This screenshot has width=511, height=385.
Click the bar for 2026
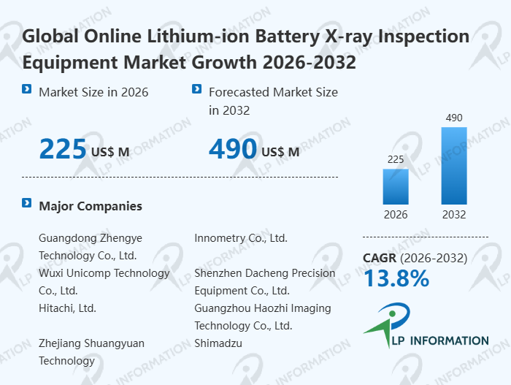[x=396, y=186]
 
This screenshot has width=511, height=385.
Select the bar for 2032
[x=453, y=166]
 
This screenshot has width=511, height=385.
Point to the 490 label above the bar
[x=453, y=118]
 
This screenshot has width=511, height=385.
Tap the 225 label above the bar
[x=396, y=159]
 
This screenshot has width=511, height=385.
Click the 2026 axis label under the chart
[x=396, y=215]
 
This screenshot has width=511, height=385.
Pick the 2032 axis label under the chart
[x=453, y=215]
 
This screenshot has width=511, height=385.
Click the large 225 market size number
[x=63, y=149]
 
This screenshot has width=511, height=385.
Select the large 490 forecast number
[x=233, y=149]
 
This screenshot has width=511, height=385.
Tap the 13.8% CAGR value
[x=396, y=278]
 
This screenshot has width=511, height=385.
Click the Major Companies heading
[x=91, y=206]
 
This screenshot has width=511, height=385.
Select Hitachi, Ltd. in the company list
[x=67, y=308]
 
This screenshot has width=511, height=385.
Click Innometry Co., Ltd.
[x=241, y=237]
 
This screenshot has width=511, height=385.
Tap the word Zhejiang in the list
[x=62, y=343]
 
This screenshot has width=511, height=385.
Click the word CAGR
[x=379, y=258]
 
